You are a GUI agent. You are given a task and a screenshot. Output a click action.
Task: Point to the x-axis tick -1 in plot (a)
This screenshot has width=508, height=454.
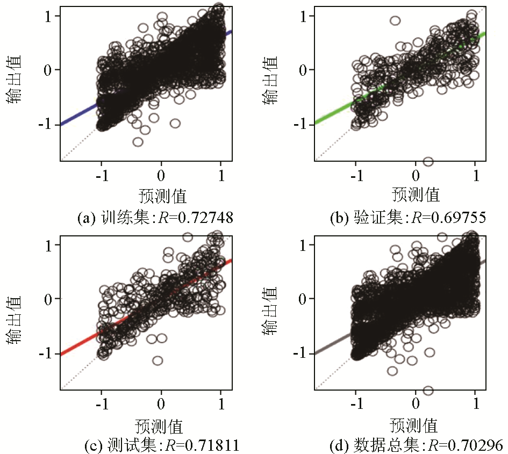tap(99, 176)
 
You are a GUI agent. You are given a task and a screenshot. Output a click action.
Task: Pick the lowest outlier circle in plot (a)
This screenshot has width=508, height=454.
tap(138, 142)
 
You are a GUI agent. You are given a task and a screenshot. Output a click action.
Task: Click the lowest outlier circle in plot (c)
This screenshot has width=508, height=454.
tap(158, 361)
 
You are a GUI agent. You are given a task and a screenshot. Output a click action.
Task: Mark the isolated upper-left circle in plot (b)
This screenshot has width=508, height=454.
tap(395, 21)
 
